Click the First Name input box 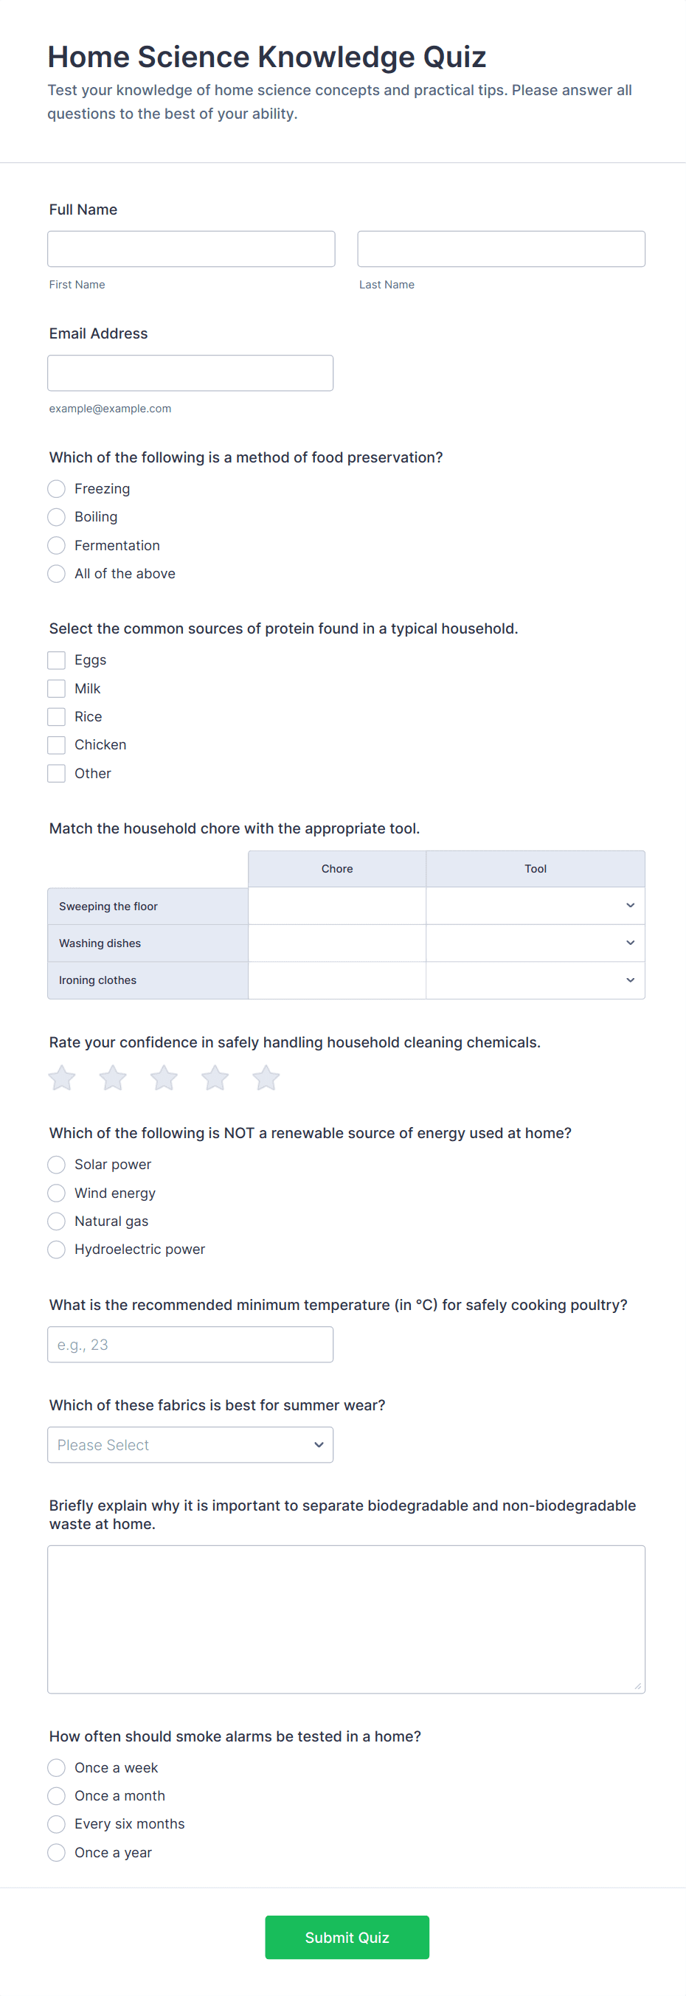click(191, 249)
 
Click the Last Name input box click(501, 249)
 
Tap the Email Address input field click(190, 372)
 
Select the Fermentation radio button click(57, 546)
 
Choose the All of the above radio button click(57, 573)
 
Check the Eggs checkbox click(57, 660)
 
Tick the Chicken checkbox click(57, 744)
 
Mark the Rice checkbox click(57, 717)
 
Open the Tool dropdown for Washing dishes click(535, 943)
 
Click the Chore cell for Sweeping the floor click(336, 906)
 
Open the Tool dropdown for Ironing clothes click(535, 980)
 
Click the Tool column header click(535, 869)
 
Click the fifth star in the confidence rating click(266, 1078)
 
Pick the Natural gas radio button click(57, 1221)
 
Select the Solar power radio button click(57, 1165)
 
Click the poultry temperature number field click(190, 1345)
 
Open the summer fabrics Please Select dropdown click(190, 1445)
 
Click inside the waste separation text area click(346, 1619)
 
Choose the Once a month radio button click(57, 1796)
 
